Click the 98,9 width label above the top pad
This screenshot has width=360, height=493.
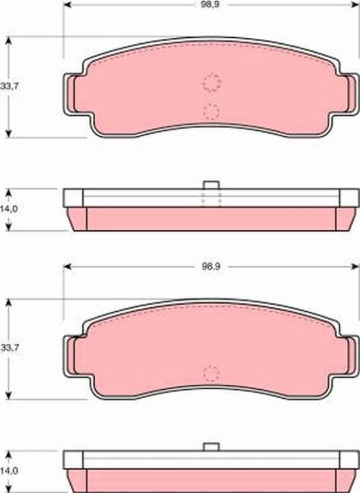point(210,5)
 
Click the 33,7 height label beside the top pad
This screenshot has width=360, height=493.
point(9,86)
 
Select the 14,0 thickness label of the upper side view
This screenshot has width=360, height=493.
point(9,209)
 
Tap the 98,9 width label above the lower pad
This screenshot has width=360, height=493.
point(211,267)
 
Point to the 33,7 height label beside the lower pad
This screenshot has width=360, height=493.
point(10,348)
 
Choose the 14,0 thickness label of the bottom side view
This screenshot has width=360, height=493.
point(9,471)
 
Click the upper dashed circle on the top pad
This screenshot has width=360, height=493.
point(211,83)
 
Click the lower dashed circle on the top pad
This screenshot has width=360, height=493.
point(211,112)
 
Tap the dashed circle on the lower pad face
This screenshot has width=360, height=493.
point(211,374)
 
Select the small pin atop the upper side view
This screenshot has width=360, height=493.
point(211,185)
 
